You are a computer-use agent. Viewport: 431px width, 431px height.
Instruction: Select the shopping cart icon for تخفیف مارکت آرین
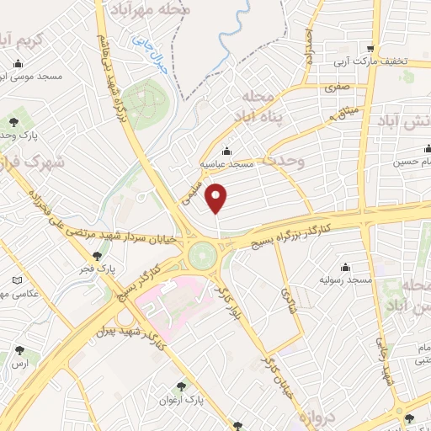[370, 48]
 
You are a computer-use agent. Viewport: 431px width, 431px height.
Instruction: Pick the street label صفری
[338, 86]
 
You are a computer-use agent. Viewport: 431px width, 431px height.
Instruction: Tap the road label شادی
[285, 295]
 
